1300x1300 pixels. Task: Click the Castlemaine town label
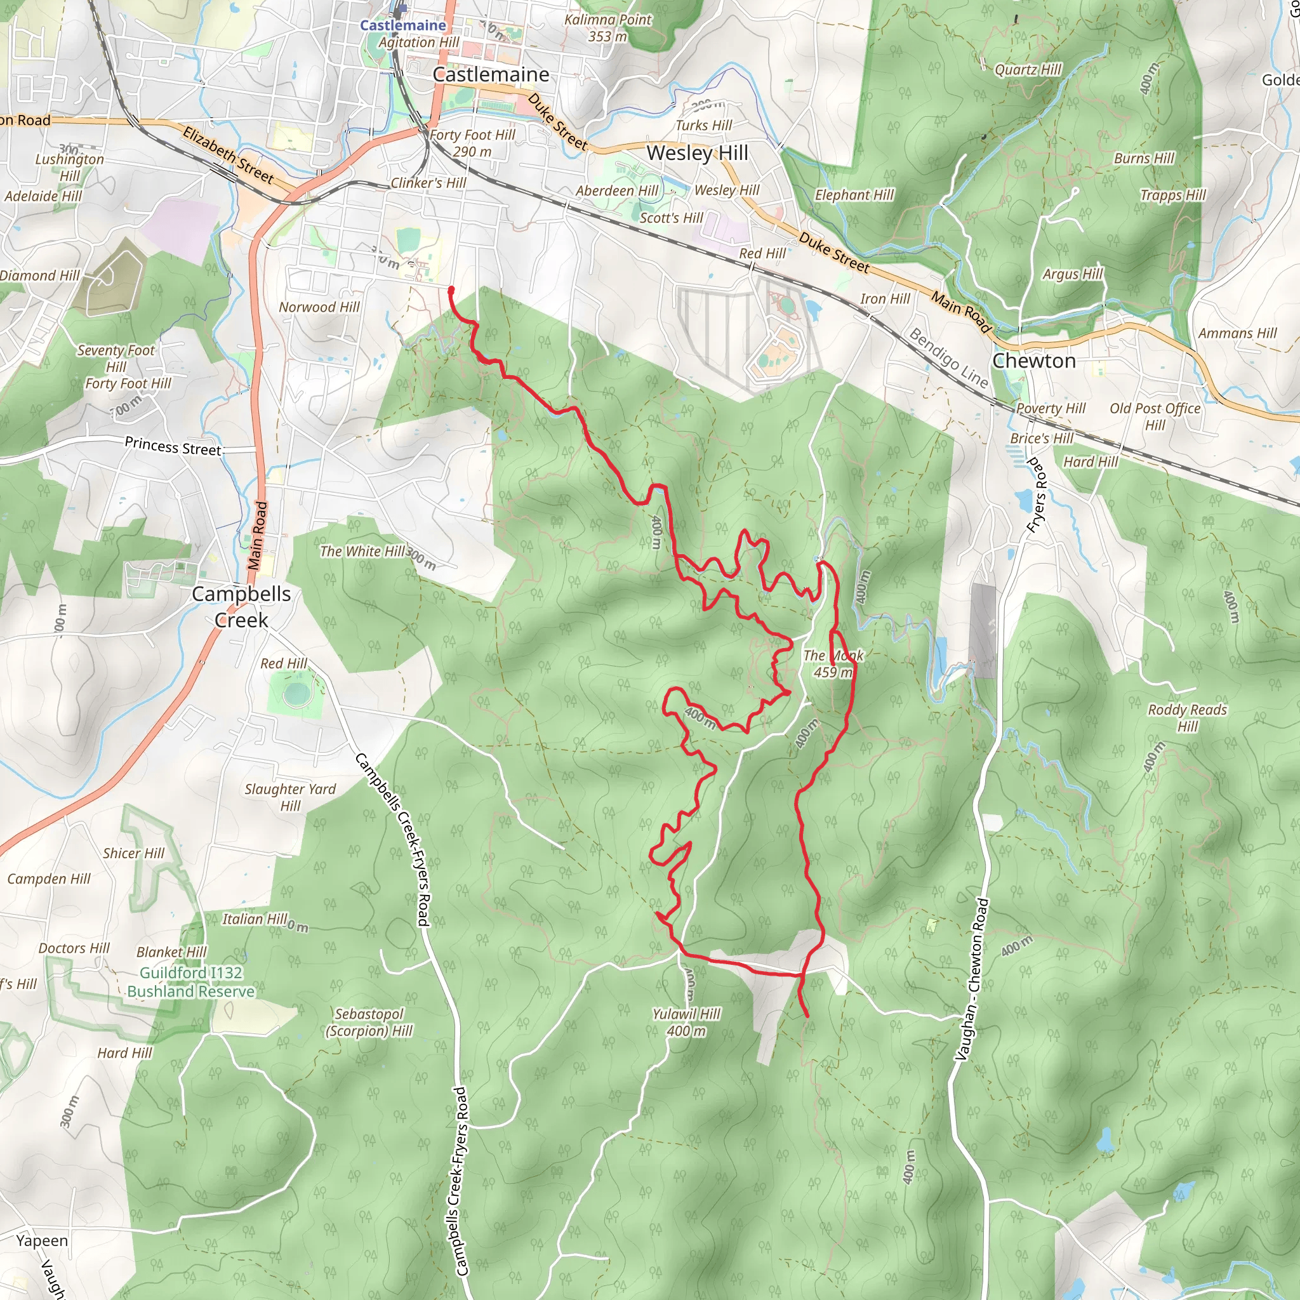pyautogui.click(x=491, y=74)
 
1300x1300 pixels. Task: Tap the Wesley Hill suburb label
pyautogui.click(x=697, y=153)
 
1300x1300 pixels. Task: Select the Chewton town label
pyautogui.click(x=1033, y=361)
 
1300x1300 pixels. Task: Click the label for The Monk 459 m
pyautogui.click(x=833, y=663)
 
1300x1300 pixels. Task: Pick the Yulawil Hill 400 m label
pyautogui.click(x=686, y=1022)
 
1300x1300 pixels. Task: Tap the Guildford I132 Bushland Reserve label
pyautogui.click(x=191, y=982)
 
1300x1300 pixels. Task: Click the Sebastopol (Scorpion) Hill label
pyautogui.click(x=369, y=1022)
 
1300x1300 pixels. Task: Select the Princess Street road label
pyautogui.click(x=173, y=446)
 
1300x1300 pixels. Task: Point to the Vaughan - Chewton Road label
pyautogui.click(x=972, y=979)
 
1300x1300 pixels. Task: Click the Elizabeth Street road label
pyautogui.click(x=228, y=155)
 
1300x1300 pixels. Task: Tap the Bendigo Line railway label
pyautogui.click(x=949, y=358)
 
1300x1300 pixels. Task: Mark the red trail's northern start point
pyautogui.click(x=451, y=290)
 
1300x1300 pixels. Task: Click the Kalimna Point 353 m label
pyautogui.click(x=607, y=27)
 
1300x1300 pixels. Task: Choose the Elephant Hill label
pyautogui.click(x=854, y=194)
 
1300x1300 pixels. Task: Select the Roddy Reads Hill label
pyautogui.click(x=1187, y=717)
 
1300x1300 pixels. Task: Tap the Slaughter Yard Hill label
pyautogui.click(x=290, y=797)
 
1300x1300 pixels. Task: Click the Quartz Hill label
pyautogui.click(x=1028, y=69)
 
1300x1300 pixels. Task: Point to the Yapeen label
pyautogui.click(x=42, y=1240)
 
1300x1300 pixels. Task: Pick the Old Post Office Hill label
pyautogui.click(x=1155, y=416)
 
